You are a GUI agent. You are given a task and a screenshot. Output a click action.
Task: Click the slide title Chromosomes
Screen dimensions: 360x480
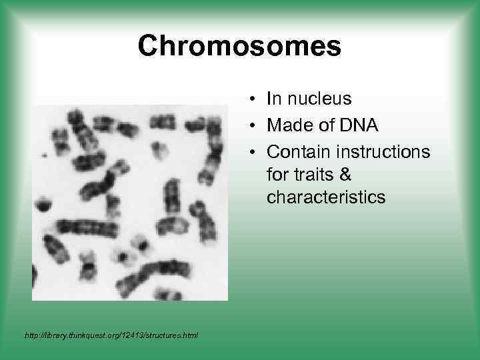(239, 46)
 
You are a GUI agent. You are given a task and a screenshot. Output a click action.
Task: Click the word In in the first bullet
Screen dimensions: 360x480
(272, 99)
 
